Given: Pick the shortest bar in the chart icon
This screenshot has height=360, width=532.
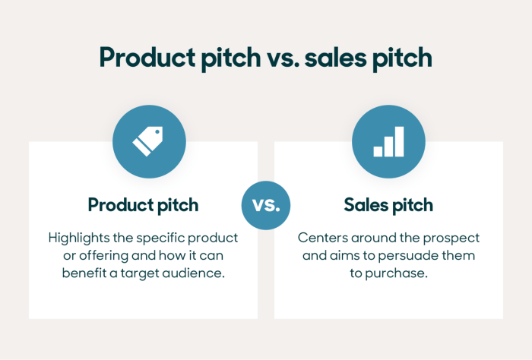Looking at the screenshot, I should click(378, 150).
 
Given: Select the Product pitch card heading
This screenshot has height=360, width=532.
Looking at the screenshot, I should click(143, 205).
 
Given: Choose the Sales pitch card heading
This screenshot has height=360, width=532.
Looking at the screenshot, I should click(388, 205).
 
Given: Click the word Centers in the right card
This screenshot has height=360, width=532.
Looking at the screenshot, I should click(320, 238).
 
